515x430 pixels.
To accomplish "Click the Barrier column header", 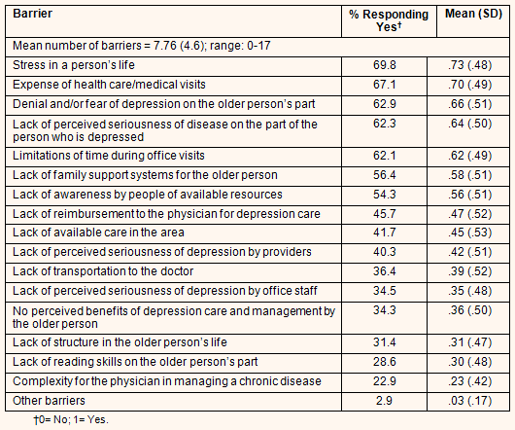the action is click(32, 14).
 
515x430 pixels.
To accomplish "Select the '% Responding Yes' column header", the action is click(389, 20).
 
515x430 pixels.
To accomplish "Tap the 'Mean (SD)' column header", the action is click(473, 14).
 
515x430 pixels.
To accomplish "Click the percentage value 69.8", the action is click(384, 65).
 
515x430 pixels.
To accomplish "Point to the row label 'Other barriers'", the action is click(49, 401).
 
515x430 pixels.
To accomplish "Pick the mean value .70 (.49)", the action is click(470, 85).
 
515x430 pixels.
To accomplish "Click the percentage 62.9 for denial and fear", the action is click(384, 104).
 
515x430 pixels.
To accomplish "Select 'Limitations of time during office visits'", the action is click(109, 156).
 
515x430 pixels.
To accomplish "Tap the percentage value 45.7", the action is click(384, 214).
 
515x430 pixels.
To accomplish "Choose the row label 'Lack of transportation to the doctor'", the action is click(103, 271).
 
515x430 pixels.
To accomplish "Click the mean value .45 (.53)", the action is click(470, 233).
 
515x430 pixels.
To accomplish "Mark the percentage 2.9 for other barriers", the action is click(384, 401).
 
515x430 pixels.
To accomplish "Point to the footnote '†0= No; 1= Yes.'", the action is click(71, 420).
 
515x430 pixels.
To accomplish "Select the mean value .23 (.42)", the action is click(470, 381).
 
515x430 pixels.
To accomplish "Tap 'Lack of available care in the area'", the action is click(98, 233).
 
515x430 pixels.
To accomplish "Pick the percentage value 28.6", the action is click(384, 362).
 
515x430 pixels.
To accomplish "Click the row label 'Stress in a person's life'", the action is click(74, 65).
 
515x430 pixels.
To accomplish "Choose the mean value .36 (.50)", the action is click(470, 310).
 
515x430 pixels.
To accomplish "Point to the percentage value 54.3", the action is click(384, 195).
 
